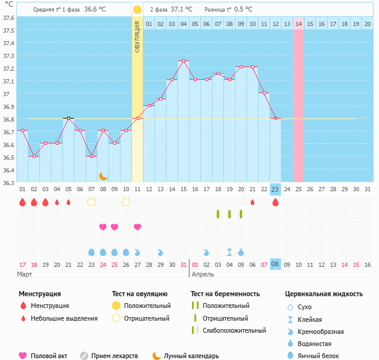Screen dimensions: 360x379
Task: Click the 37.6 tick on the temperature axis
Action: click(x=8, y=18)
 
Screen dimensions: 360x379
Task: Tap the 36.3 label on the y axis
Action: click(x=8, y=183)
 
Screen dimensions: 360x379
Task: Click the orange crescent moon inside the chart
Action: click(x=104, y=176)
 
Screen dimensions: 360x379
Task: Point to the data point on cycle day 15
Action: click(x=183, y=61)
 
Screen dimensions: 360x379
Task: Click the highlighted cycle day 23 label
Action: click(x=275, y=189)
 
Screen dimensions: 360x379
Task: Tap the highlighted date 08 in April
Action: click(x=275, y=264)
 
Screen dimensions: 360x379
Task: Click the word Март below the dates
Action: click(x=25, y=274)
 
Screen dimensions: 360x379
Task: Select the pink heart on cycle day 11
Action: click(x=137, y=227)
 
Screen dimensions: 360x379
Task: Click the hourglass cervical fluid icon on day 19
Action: click(x=229, y=252)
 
